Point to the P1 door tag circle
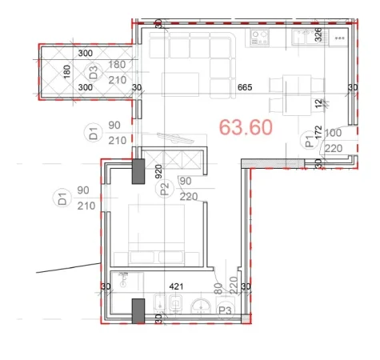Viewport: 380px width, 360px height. click(x=310, y=142)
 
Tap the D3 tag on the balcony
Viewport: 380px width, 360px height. click(x=94, y=70)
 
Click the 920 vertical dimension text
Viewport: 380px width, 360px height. click(x=159, y=170)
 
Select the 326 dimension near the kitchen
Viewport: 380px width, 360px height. click(x=318, y=34)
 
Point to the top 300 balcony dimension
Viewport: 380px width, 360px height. click(x=86, y=53)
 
